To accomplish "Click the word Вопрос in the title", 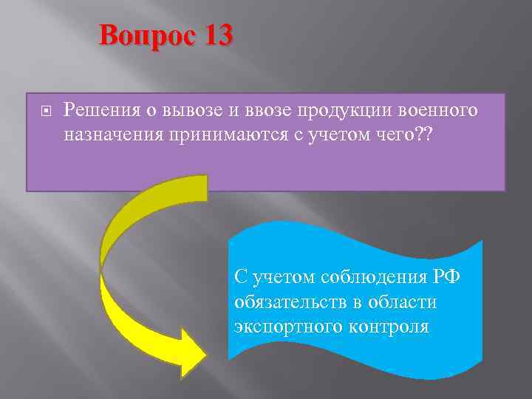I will [x=146, y=35].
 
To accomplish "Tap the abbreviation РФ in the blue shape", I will [x=445, y=277].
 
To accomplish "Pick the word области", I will [x=406, y=302].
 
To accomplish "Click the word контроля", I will [x=392, y=327].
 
